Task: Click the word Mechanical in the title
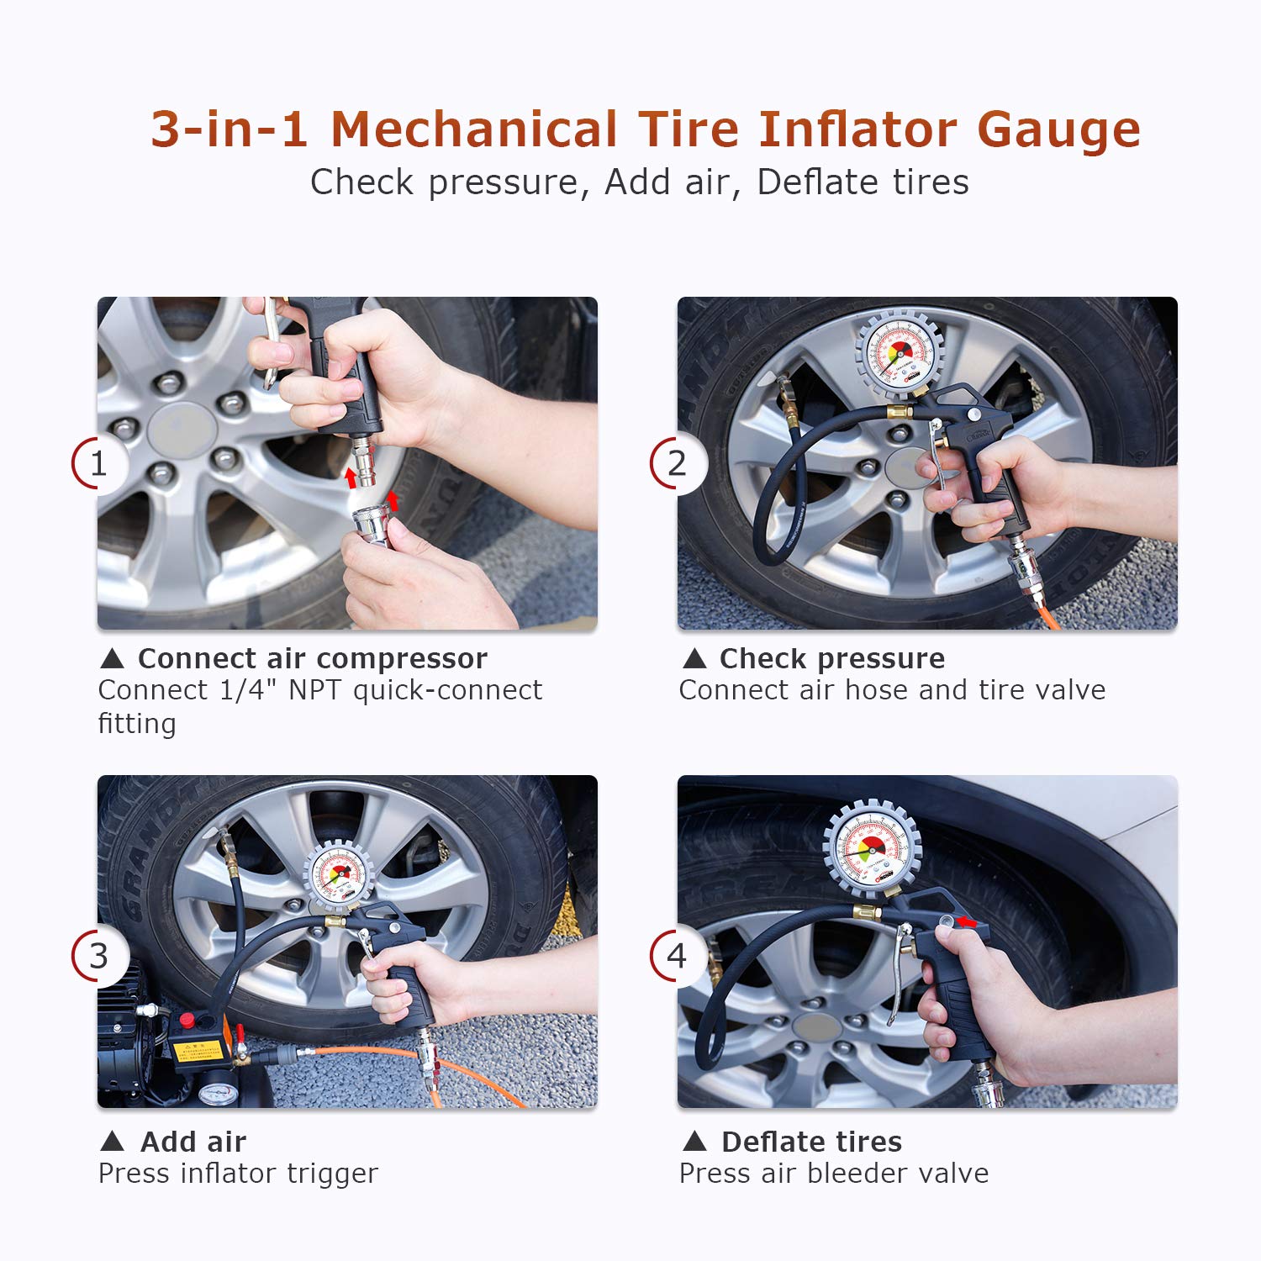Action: [x=475, y=129]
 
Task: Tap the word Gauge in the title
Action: [x=1058, y=131]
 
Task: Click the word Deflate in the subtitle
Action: [x=811, y=182]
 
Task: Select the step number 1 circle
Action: [x=99, y=463]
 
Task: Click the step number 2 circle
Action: [x=678, y=463]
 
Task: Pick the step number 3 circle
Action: [x=99, y=956]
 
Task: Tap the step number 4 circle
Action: [x=678, y=956]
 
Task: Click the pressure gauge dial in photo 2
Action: [x=900, y=354]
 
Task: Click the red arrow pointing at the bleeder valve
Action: [x=968, y=922]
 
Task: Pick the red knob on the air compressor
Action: [x=187, y=1021]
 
